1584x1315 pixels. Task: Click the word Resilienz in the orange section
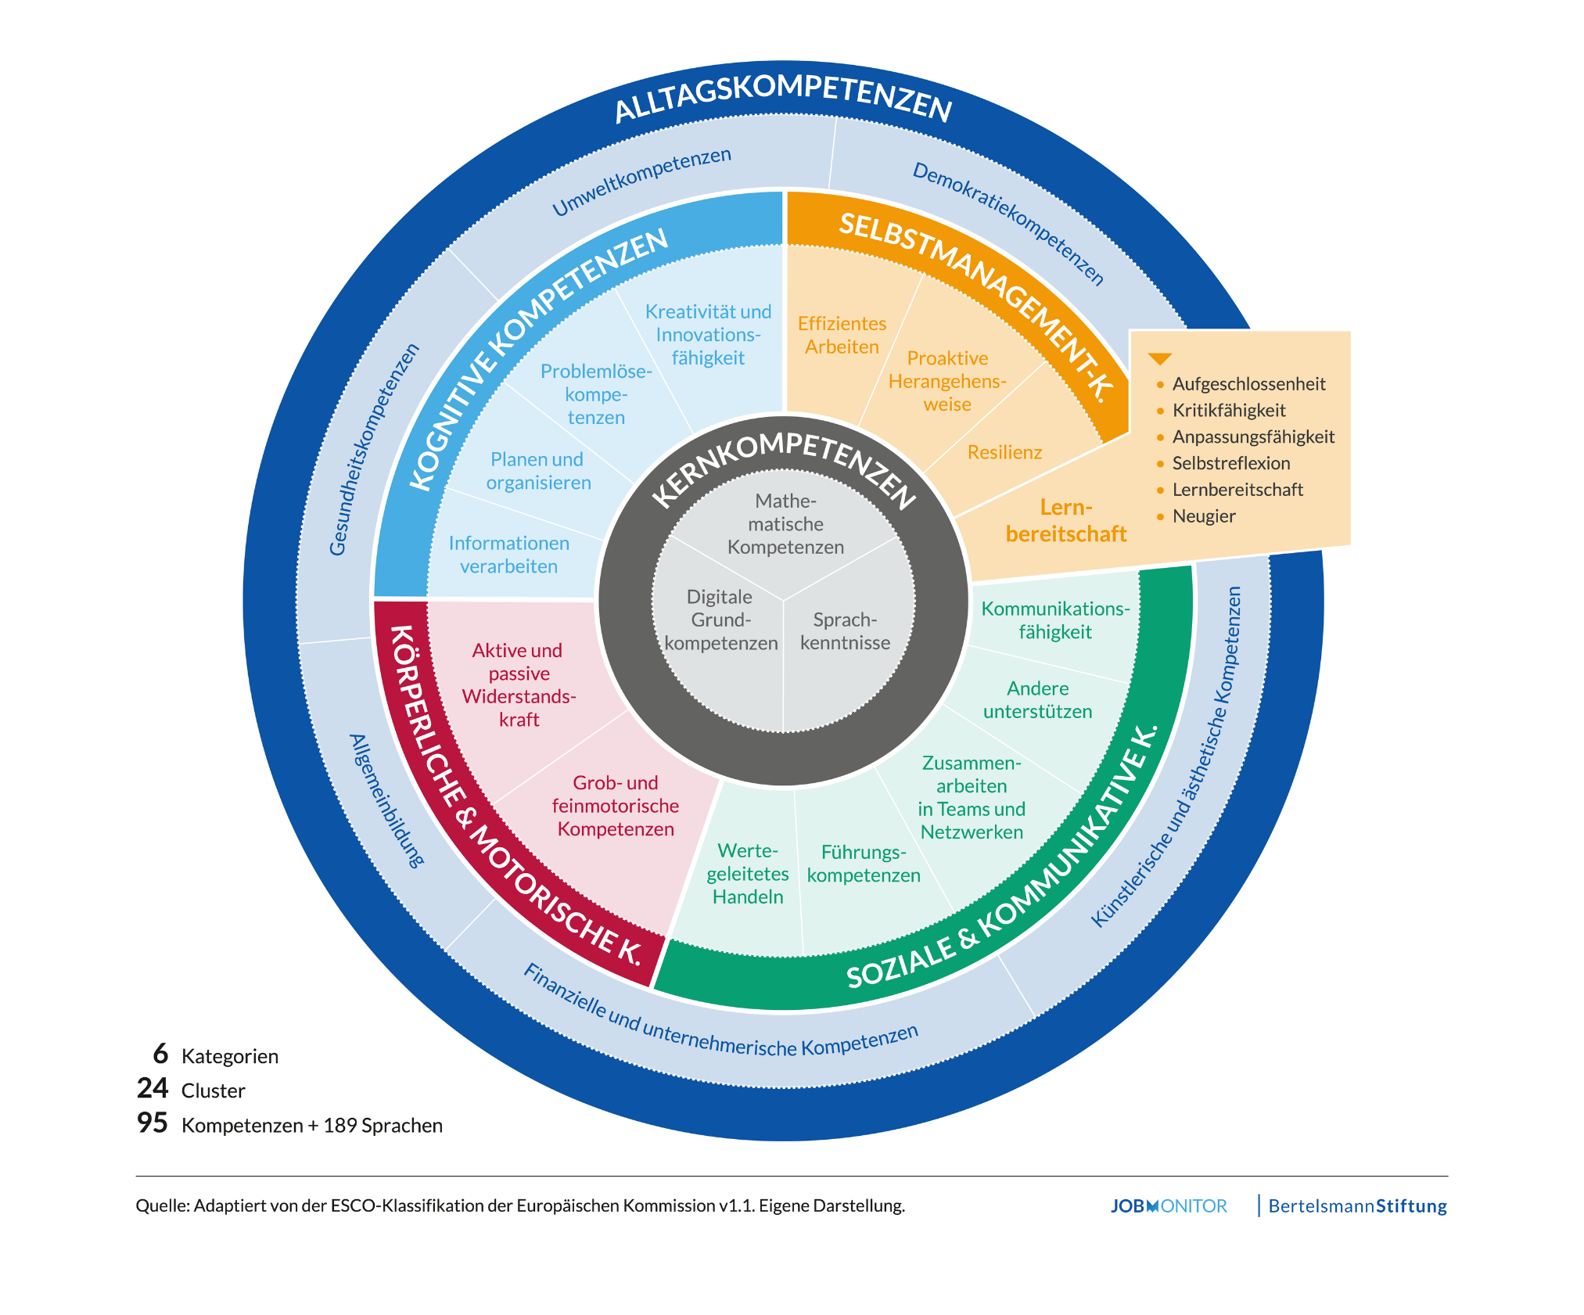[1004, 452]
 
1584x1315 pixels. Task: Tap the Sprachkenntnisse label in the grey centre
[845, 631]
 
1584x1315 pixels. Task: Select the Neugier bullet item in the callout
[1203, 516]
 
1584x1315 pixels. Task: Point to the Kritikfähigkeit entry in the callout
[1228, 411]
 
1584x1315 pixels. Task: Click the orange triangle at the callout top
[1159, 359]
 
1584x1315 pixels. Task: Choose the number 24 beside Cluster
[153, 1088]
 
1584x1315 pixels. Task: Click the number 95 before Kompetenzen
[153, 1123]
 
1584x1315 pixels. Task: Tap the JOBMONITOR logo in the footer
[1169, 1206]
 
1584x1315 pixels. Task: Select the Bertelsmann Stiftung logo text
[1357, 1206]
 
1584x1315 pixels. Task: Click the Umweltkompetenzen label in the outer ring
[641, 181]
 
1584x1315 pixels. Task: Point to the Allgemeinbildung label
[387, 800]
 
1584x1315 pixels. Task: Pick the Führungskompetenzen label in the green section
[864, 864]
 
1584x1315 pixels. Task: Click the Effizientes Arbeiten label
[842, 335]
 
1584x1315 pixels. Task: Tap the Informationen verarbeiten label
[508, 555]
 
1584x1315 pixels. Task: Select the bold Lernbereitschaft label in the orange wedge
[1066, 521]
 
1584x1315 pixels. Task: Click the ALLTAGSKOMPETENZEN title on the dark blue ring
[783, 98]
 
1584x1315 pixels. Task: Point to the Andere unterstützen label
[1038, 700]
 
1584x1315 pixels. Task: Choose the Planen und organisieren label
[538, 471]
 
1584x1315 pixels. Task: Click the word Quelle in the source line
[162, 1205]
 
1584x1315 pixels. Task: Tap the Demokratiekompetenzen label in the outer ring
[1009, 224]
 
